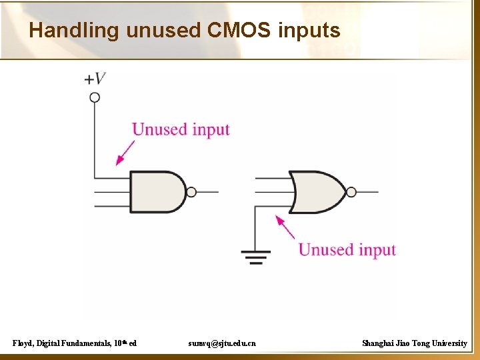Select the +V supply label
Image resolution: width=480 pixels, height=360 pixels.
tap(95, 79)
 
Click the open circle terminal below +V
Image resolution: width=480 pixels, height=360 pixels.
tap(95, 97)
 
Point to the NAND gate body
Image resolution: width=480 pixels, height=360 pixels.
tap(156, 192)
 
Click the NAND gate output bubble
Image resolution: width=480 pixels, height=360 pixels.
tap(191, 192)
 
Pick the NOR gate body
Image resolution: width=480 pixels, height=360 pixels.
tap(317, 192)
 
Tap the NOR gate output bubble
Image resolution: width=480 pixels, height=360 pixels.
tap(351, 192)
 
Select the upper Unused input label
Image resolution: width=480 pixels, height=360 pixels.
tap(181, 129)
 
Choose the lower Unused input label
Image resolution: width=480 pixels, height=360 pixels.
tap(347, 250)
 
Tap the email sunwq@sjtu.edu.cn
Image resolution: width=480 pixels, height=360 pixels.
tap(222, 343)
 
